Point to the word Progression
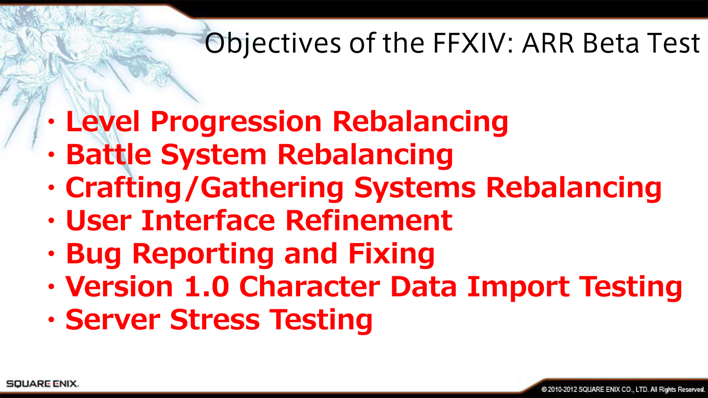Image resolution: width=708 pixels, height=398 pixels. pyautogui.click(x=236, y=124)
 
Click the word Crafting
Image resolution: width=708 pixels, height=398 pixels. pyautogui.click(x=123, y=189)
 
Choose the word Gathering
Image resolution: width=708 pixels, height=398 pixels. pyautogui.click(x=272, y=189)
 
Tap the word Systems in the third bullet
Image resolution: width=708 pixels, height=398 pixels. pyautogui.click(x=415, y=188)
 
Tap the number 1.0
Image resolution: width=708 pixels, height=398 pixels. pyautogui.click(x=207, y=286)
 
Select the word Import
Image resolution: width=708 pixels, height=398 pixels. pyautogui.click(x=519, y=288)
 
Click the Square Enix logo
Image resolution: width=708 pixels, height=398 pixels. pyautogui.click(x=42, y=384)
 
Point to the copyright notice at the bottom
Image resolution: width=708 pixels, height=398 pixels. pyautogui.click(x=623, y=390)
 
